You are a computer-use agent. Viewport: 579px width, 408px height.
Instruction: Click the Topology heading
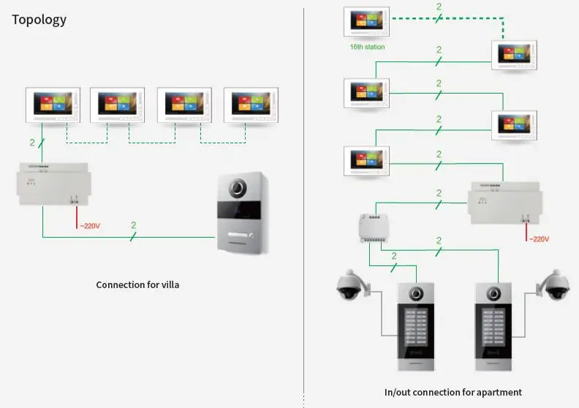pyautogui.click(x=39, y=20)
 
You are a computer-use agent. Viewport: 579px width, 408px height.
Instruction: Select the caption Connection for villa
pyautogui.click(x=137, y=284)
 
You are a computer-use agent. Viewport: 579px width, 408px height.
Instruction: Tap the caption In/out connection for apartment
pyautogui.click(x=453, y=393)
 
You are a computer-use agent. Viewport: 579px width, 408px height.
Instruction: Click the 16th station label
pyautogui.click(x=367, y=47)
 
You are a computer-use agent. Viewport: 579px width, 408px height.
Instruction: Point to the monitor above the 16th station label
pyautogui.click(x=367, y=21)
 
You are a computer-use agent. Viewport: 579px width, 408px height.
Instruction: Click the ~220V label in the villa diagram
pyautogui.click(x=90, y=226)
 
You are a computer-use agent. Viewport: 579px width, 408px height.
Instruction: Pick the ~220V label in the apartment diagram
pyautogui.click(x=539, y=239)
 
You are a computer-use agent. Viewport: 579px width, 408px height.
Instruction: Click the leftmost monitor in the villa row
pyautogui.click(x=53, y=105)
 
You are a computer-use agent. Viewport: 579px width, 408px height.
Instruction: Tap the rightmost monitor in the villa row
pyautogui.click(x=251, y=105)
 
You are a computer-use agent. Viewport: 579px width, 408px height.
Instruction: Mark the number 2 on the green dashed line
pyautogui.click(x=438, y=7)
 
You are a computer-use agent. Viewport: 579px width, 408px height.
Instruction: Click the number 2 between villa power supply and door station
pyautogui.click(x=132, y=225)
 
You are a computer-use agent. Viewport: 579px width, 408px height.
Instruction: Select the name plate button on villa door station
pyautogui.click(x=241, y=237)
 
